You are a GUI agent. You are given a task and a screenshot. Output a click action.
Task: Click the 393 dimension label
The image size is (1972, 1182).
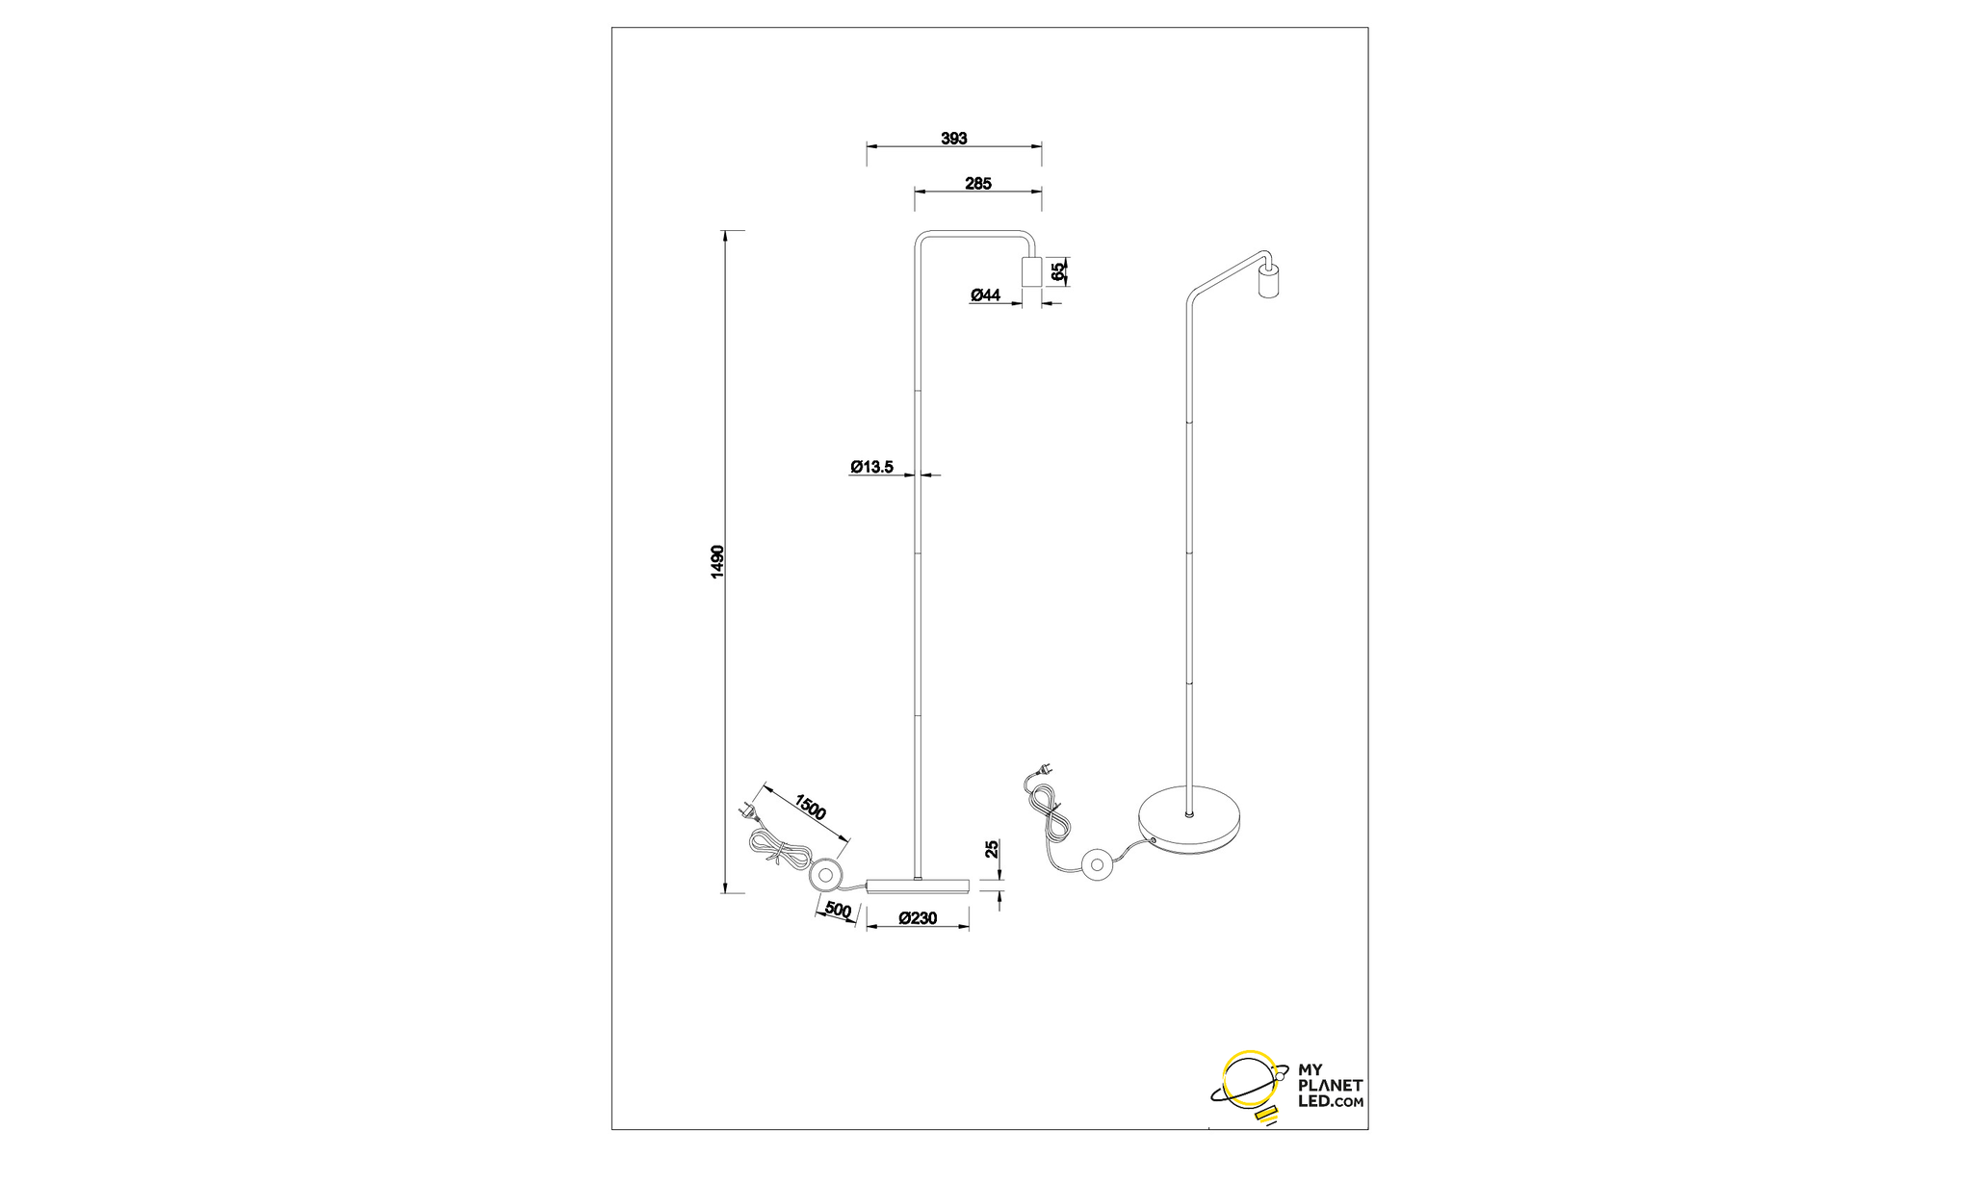953,139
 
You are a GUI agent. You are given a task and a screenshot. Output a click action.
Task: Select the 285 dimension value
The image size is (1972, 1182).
977,183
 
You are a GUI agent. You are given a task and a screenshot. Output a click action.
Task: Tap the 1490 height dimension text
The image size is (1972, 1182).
716,562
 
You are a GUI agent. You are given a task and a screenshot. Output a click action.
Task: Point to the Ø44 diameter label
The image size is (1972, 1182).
985,295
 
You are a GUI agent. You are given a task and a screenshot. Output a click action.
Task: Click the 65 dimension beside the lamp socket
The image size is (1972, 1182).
1058,272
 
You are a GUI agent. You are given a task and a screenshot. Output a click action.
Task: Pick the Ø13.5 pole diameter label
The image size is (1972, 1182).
871,468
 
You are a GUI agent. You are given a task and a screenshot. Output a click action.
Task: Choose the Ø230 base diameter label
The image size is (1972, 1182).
918,918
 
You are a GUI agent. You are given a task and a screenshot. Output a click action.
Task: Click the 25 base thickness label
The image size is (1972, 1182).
991,849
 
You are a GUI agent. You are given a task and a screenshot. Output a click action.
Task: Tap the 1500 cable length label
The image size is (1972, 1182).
810,807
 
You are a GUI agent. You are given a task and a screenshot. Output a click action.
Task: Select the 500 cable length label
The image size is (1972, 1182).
838,910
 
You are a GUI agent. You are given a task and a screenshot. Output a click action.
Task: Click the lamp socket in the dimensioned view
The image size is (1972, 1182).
1031,272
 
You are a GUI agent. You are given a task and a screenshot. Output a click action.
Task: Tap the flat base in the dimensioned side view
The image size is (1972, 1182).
918,885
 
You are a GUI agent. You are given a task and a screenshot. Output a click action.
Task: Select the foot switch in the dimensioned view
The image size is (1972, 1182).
824,875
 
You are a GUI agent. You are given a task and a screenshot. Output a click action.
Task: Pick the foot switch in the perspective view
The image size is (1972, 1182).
1096,863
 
